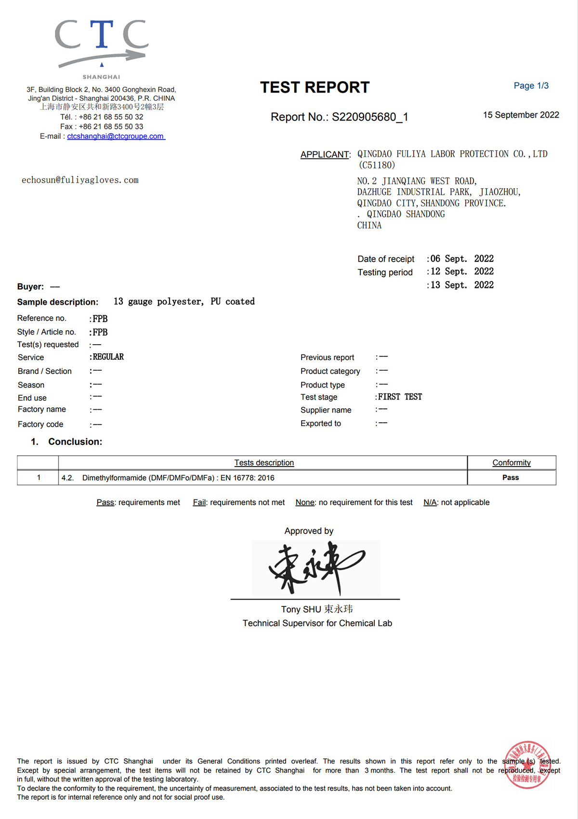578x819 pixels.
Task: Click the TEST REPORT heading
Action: (315, 87)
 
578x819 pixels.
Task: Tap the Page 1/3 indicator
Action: (531, 86)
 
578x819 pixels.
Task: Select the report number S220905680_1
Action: (370, 117)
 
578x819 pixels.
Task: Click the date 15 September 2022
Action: (521, 115)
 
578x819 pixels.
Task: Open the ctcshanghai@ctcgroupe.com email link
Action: (116, 136)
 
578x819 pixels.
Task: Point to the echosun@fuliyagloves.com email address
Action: (80, 180)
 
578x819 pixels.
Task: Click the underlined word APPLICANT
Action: (325, 155)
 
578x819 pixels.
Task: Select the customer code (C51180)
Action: (377, 165)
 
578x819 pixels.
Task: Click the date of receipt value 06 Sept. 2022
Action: (462, 259)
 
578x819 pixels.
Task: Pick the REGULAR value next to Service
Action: (108, 357)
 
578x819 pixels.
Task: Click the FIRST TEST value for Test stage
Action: (400, 397)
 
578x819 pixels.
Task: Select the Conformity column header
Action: (511, 463)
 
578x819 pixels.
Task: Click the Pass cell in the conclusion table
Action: (511, 478)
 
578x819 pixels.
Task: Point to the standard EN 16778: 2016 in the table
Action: (247, 478)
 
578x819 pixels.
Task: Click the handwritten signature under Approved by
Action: (316, 568)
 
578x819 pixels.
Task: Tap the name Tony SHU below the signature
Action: (301, 609)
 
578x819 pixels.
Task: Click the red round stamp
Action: (527, 765)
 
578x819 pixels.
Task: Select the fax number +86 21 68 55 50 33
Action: (111, 127)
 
